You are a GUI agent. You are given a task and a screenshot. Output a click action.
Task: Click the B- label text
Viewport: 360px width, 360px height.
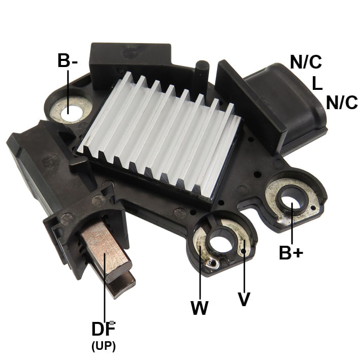coord(68,60)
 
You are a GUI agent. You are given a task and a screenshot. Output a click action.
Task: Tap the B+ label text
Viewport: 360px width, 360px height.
coord(291,252)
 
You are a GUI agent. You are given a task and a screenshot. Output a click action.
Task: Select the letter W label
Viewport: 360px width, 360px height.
coord(200,307)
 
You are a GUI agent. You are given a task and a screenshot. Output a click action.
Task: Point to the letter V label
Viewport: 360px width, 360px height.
coord(244,299)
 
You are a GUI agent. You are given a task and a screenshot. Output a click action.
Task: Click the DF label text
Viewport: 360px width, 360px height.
coord(104,329)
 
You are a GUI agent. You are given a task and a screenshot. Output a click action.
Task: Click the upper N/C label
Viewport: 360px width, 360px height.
coord(306,62)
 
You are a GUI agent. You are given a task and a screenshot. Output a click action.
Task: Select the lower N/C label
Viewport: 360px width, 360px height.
coord(342,103)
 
